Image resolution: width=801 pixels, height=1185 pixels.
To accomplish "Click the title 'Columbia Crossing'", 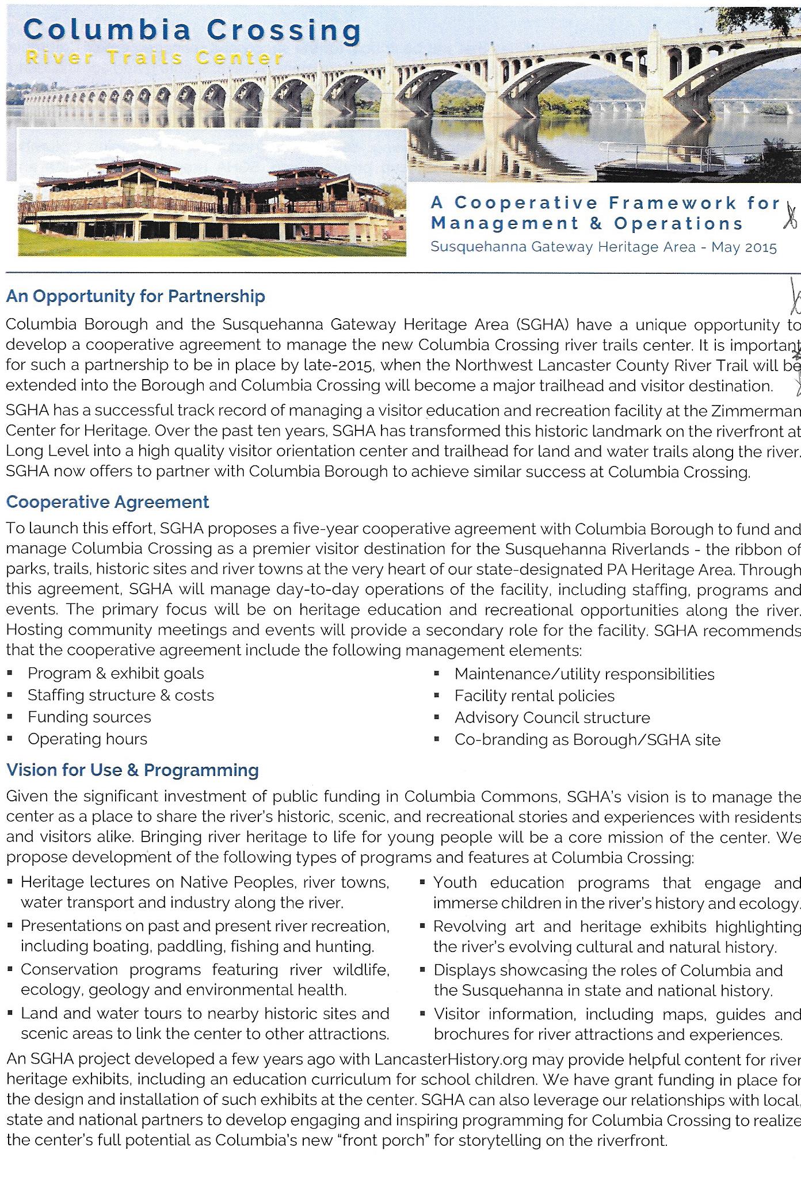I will click(192, 30).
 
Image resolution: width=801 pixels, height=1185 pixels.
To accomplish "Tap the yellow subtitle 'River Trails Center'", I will click(155, 58).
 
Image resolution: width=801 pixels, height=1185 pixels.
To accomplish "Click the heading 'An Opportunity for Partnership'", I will click(135, 297).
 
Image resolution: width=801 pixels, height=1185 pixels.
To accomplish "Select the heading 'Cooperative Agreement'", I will click(108, 502).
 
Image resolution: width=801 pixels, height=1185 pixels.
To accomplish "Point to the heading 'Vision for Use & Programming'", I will click(132, 770).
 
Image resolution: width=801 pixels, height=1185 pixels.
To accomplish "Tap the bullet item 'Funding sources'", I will click(89, 717).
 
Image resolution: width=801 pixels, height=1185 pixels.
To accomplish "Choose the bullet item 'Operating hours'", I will click(87, 739).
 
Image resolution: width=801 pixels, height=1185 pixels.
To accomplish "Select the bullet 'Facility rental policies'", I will click(534, 696).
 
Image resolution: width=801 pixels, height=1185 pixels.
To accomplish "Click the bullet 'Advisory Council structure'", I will click(552, 718).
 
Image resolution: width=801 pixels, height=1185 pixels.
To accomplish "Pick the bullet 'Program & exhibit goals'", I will click(116, 674).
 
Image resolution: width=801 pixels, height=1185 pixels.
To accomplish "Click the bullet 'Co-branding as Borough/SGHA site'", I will click(587, 740).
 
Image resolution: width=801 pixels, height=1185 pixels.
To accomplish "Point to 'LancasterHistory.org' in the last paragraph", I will click(439, 1060).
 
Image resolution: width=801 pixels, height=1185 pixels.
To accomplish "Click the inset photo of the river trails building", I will click(212, 193).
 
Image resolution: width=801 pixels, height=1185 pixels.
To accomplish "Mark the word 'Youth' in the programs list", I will click(455, 883).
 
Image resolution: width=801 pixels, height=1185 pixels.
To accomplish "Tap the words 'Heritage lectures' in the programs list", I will click(85, 882).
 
